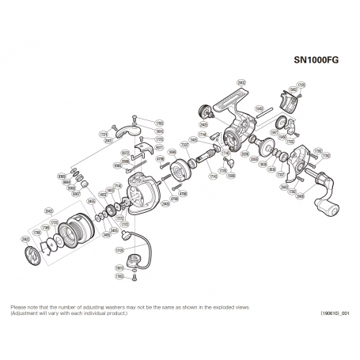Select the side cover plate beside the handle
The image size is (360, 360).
[301, 161]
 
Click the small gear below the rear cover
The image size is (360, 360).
[282, 123]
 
